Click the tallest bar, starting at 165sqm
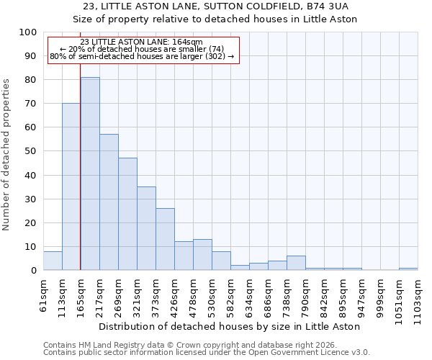point(90,174)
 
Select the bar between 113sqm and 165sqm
point(71,186)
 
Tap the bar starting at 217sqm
point(109,202)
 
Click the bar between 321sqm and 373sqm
point(146,228)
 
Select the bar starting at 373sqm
point(165,239)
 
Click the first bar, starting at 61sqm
point(53,261)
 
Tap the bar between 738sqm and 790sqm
point(296,263)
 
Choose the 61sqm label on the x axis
point(43,292)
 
